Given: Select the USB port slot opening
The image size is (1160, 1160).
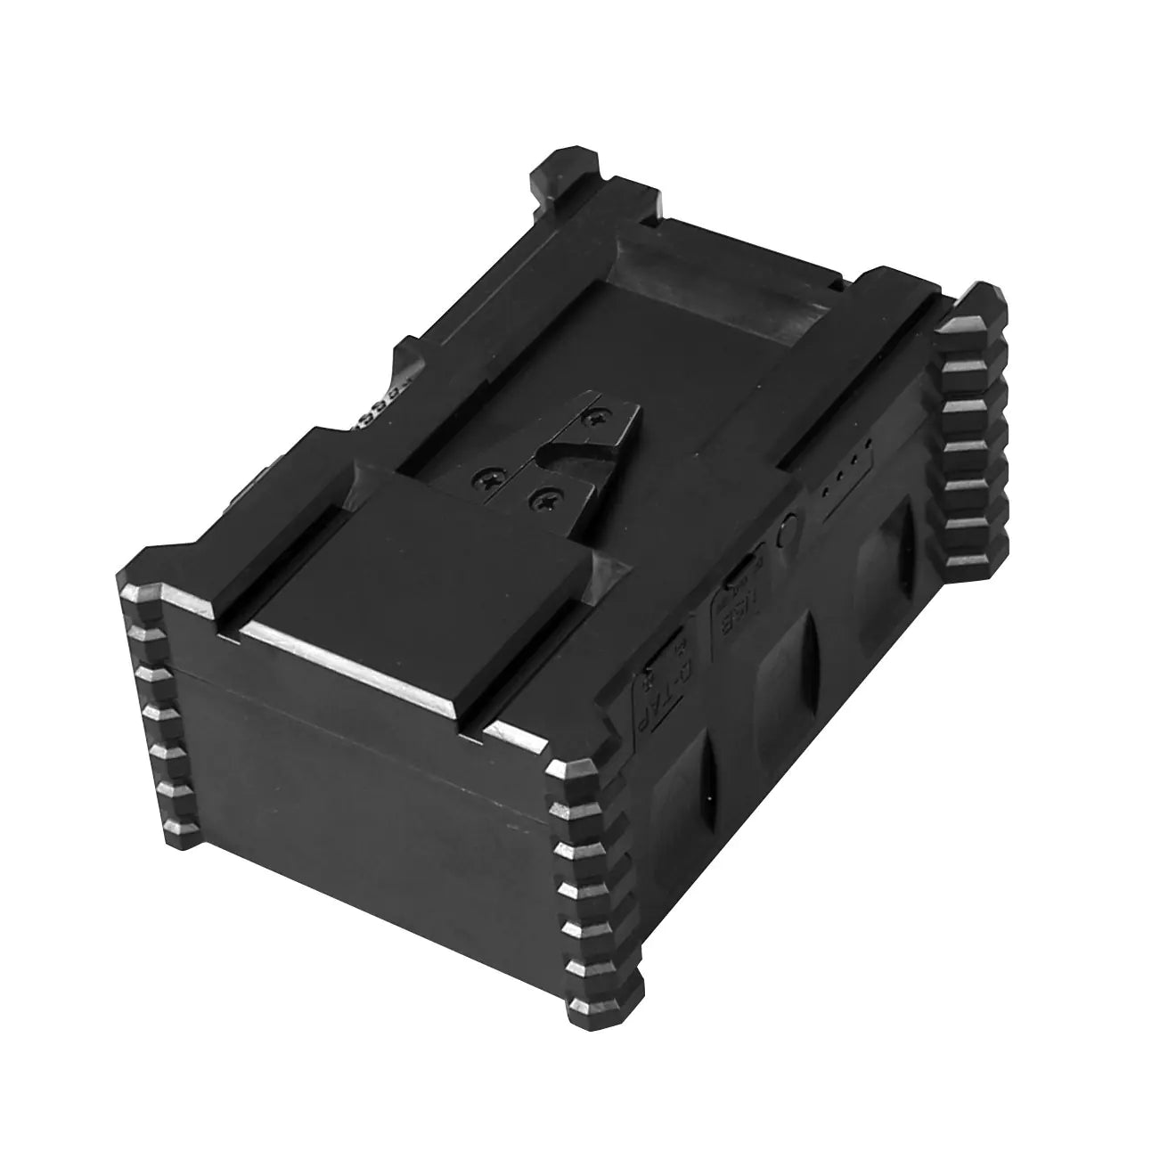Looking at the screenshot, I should (x=739, y=571).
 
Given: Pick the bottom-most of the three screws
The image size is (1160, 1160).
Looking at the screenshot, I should (x=539, y=502).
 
